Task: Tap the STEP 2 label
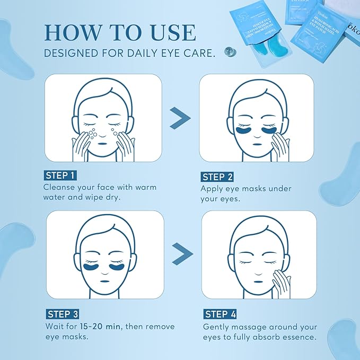(x=218, y=177)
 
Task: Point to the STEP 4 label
(x=220, y=314)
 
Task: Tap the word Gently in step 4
(x=217, y=327)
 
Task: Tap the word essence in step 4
(x=301, y=337)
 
